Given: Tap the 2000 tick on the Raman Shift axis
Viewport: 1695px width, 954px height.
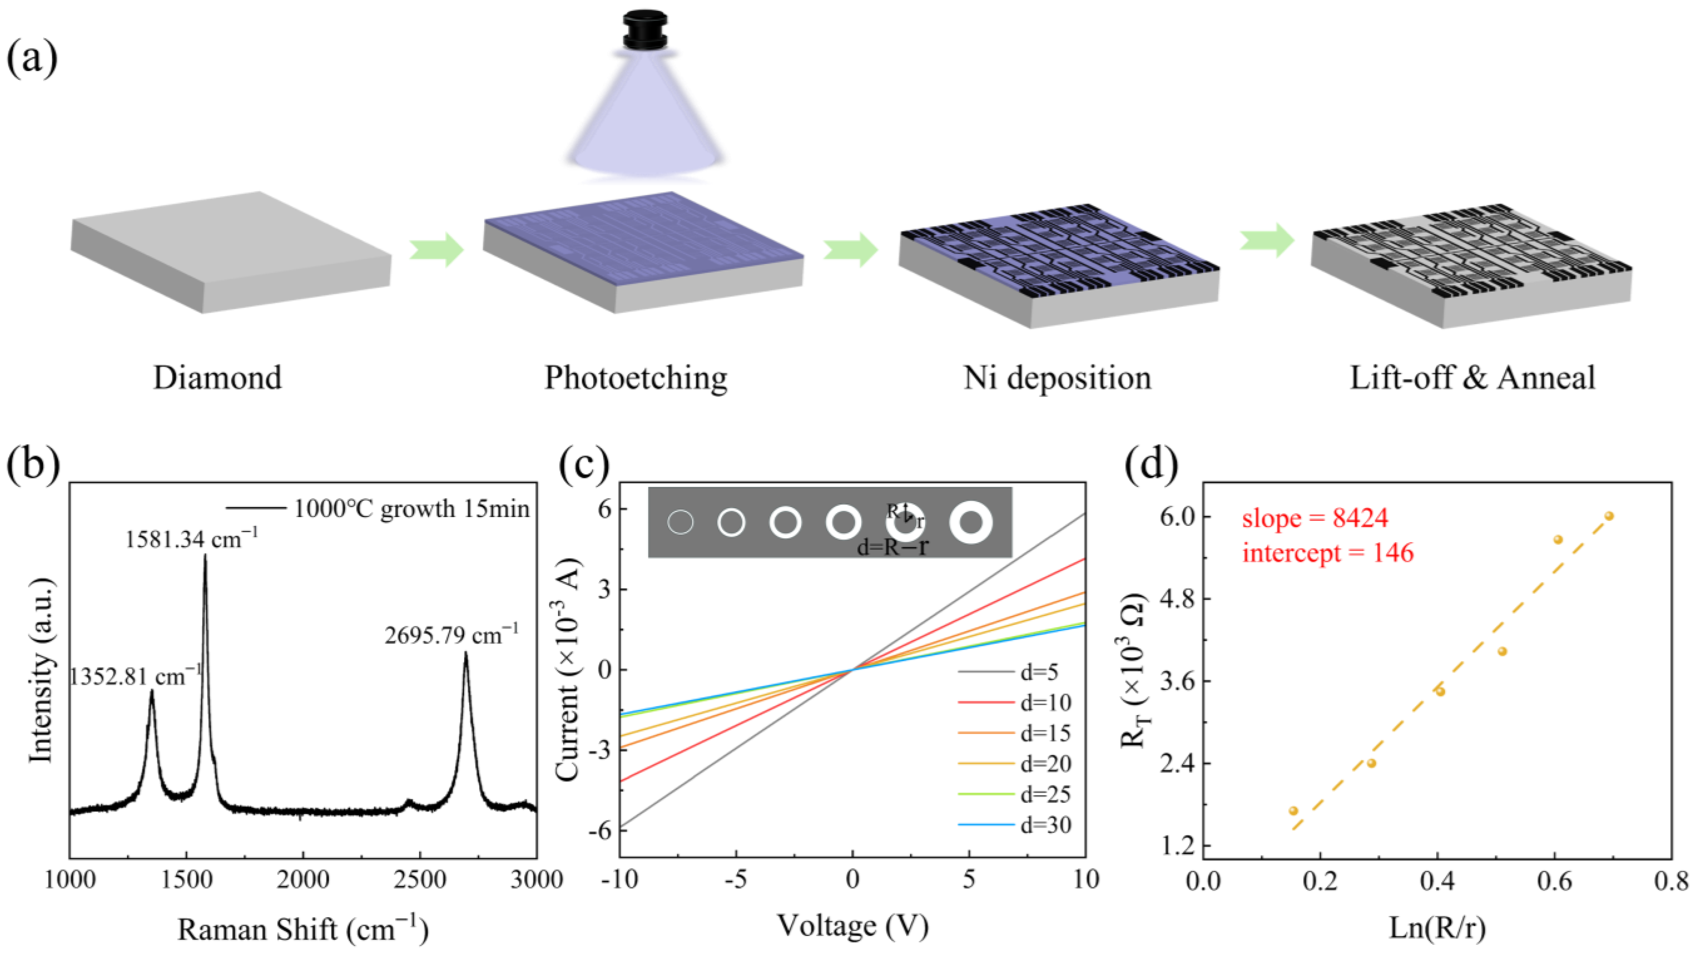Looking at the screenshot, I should click(303, 880).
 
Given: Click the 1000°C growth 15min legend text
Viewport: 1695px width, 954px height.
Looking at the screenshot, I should click(411, 509).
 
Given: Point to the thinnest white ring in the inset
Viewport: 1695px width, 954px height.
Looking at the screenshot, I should click(680, 523).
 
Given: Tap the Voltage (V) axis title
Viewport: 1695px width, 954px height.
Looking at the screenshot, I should click(853, 926).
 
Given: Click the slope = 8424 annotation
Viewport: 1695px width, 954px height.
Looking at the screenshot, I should click(1315, 518).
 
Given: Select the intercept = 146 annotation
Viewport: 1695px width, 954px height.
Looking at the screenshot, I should click(1328, 553).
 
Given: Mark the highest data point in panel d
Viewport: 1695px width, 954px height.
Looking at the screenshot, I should click(1609, 516).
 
